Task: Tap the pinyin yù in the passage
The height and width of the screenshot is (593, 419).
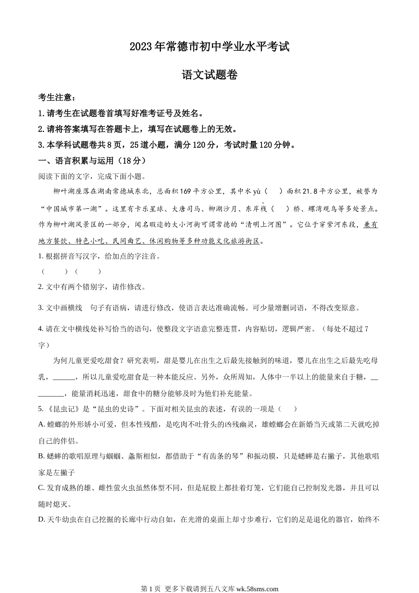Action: click(257, 192)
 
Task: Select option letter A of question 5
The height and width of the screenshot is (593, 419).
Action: click(41, 424)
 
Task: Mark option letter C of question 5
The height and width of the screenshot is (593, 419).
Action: click(41, 488)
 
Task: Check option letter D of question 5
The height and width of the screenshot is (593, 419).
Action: click(41, 520)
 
